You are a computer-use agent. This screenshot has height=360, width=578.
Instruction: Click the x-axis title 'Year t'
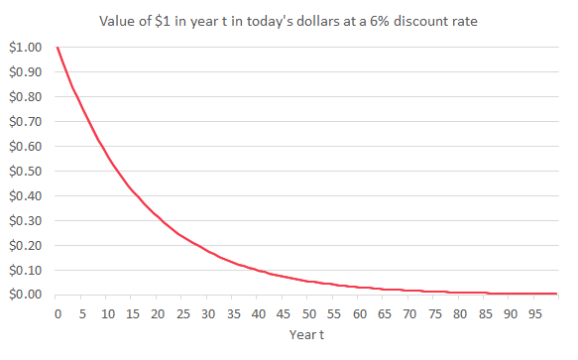coord(308,334)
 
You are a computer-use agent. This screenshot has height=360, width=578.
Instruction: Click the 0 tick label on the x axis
coord(58,313)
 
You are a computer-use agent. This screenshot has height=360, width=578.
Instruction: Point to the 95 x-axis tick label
coord(534,313)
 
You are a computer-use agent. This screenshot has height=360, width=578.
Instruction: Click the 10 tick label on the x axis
coord(107,313)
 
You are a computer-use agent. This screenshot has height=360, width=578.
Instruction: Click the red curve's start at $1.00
coord(58,48)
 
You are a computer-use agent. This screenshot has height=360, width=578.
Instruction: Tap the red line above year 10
coord(107,157)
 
